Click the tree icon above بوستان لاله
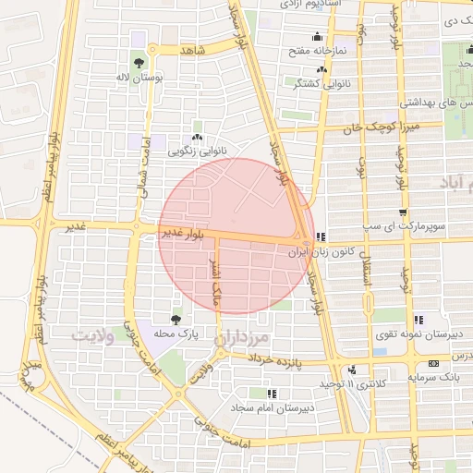click(138, 63)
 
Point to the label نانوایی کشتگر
click(319, 83)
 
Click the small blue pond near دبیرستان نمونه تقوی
click(381, 351)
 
